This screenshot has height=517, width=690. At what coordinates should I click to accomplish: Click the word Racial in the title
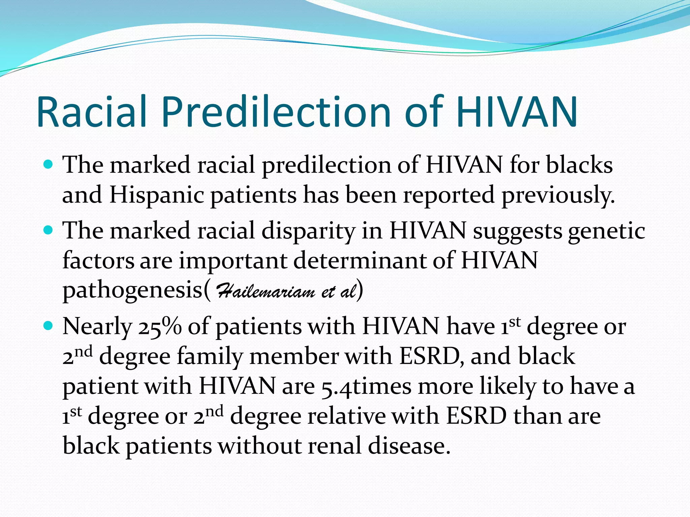92,112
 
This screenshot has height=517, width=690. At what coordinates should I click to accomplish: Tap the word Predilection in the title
276,112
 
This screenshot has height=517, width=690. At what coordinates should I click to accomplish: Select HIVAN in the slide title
517,112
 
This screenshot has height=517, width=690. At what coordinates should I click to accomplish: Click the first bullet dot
49,165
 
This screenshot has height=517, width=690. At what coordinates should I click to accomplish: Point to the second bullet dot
49,231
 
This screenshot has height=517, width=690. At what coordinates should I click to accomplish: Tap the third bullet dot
49,326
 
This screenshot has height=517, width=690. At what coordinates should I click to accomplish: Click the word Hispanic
157,195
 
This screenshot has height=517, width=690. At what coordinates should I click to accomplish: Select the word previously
558,195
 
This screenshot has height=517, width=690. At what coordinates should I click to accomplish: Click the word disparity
308,231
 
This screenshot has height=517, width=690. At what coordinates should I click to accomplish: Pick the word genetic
606,231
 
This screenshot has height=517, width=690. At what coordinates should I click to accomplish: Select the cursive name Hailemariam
266,291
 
